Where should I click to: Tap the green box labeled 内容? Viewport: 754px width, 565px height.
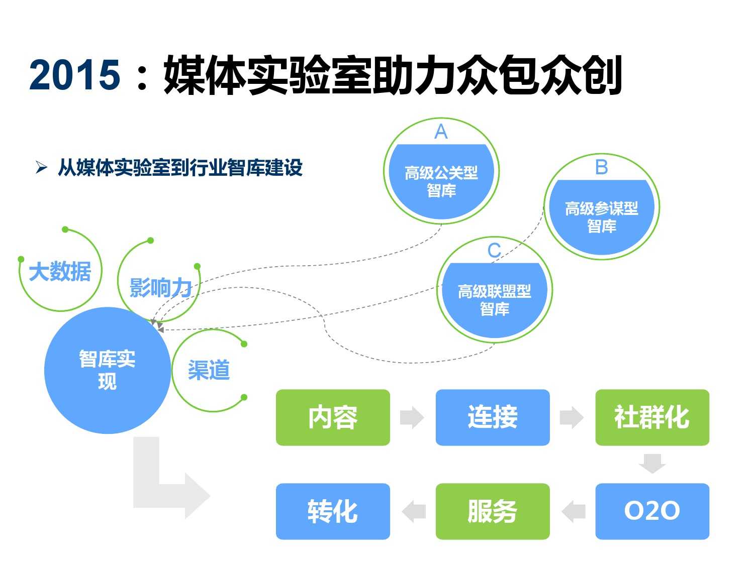coord(333,417)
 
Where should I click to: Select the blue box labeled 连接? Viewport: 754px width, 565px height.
coord(493,417)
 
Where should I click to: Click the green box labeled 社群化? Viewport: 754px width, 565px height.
coord(652,417)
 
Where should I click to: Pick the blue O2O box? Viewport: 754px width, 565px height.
coord(652,511)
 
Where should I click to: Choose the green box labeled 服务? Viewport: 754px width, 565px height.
coord(493,511)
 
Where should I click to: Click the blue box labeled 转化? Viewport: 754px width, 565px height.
coord(333,511)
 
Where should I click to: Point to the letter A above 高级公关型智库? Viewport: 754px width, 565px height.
coord(441,132)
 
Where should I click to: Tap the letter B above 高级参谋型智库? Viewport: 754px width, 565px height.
coord(601,167)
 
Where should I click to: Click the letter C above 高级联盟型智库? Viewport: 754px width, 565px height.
coord(494,250)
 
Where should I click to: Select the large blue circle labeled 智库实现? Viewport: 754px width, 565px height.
coord(107,371)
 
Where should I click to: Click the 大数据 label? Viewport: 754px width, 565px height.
coord(60,272)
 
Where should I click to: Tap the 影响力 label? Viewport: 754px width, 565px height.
coord(160,288)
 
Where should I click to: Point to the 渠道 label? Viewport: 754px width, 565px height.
coord(209,370)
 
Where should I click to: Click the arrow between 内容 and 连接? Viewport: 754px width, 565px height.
coord(412,417)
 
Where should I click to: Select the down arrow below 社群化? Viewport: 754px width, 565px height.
coord(652,463)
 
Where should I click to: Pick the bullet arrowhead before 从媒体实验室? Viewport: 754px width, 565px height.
coord(41,167)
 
